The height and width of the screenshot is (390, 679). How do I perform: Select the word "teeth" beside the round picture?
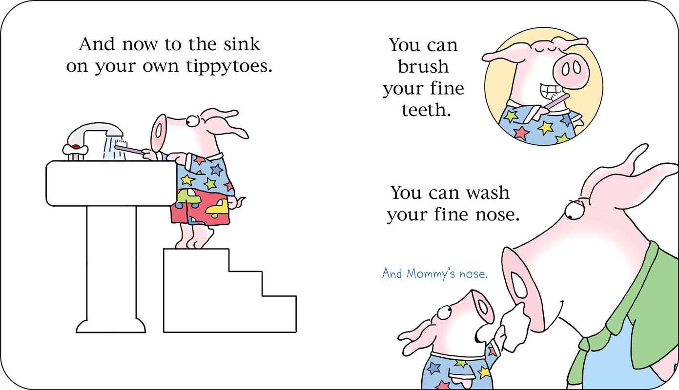click(x=425, y=110)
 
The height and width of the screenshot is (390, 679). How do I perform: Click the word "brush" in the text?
click(x=423, y=67)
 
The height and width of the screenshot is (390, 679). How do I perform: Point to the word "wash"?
click(x=486, y=193)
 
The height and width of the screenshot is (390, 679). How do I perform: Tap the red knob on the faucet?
click(x=75, y=147)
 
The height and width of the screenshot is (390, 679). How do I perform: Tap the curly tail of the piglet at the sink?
click(x=240, y=200)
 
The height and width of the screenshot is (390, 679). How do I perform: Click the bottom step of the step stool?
click(x=278, y=314)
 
